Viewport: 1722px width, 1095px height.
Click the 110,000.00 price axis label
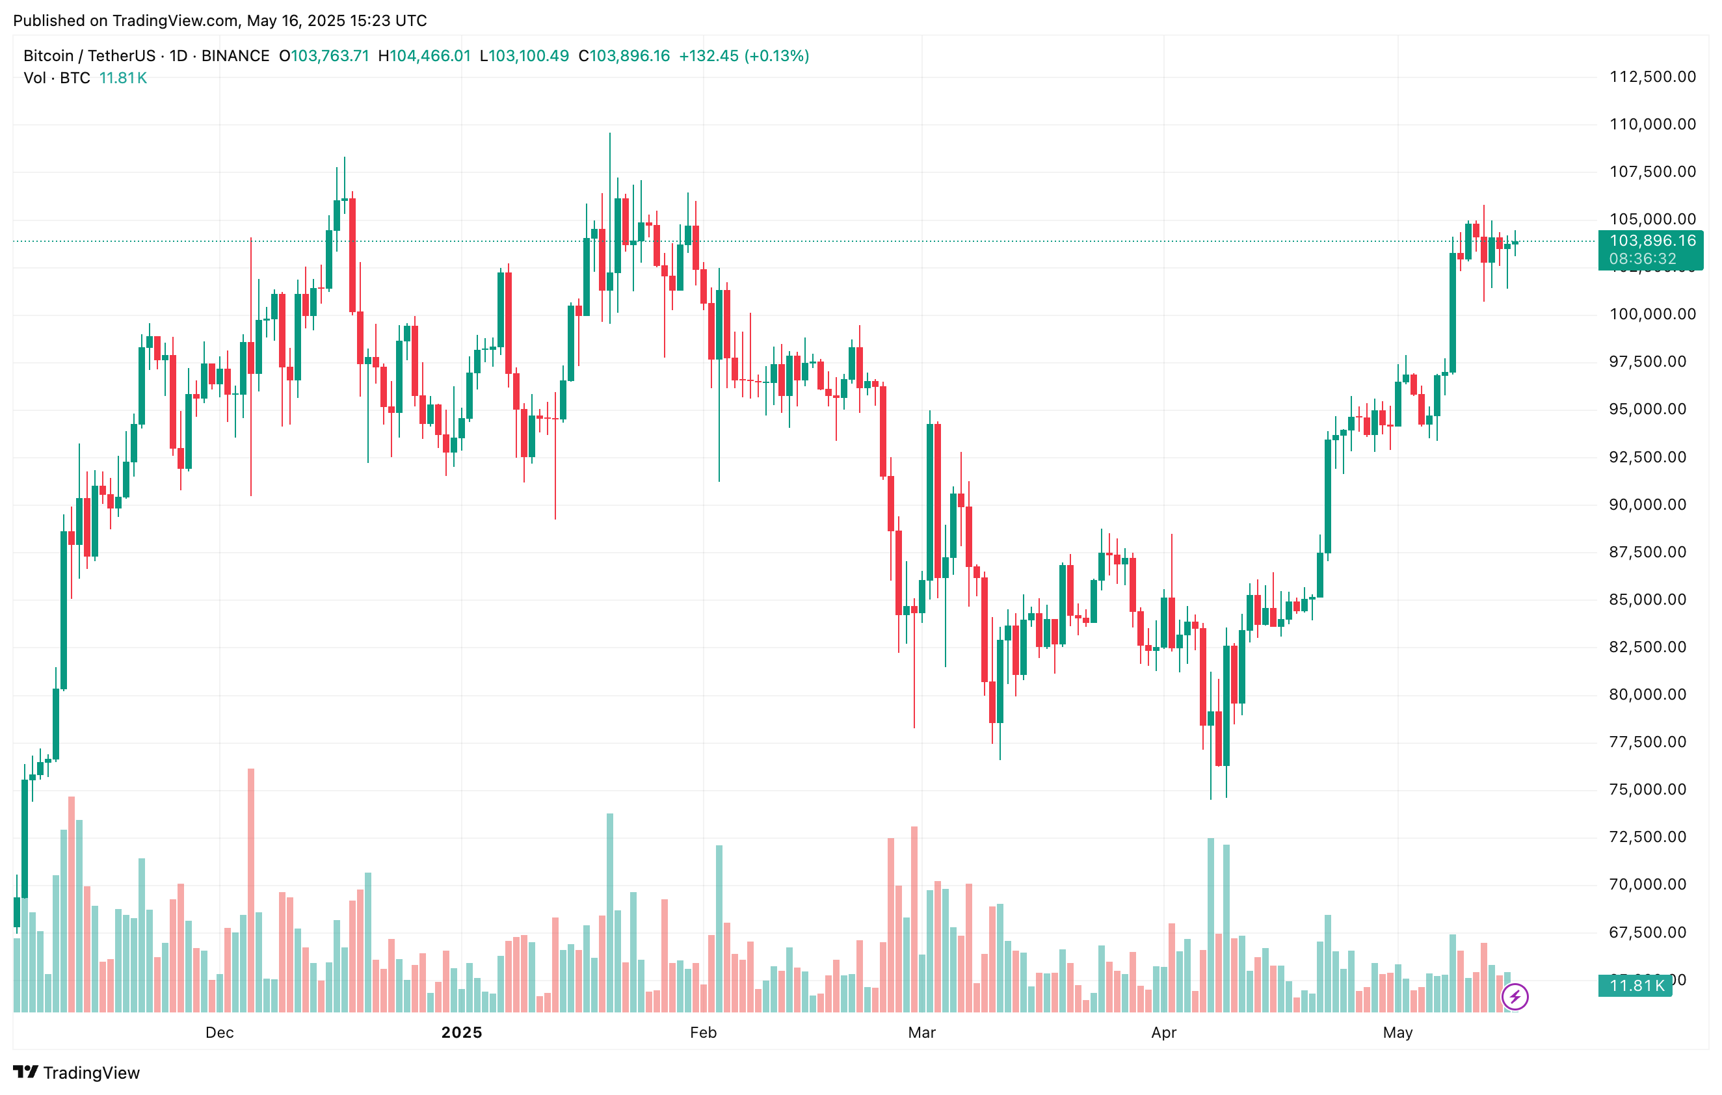pyautogui.click(x=1652, y=124)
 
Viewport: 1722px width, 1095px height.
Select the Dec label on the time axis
pyautogui.click(x=220, y=1032)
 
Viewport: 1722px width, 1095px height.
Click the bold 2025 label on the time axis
pyautogui.click(x=461, y=1032)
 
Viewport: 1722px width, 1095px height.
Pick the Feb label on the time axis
pyautogui.click(x=703, y=1032)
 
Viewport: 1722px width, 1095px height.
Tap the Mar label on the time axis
pyautogui.click(x=921, y=1032)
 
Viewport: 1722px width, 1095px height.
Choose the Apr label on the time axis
pyautogui.click(x=1163, y=1032)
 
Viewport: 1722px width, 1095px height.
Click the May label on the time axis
pyautogui.click(x=1397, y=1032)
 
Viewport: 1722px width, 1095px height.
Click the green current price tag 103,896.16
pyautogui.click(x=1652, y=241)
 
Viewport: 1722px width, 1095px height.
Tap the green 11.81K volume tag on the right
pyautogui.click(x=1636, y=986)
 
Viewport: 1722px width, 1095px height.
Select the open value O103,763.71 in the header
pyautogui.click(x=324, y=56)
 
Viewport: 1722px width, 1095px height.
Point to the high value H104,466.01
pyautogui.click(x=424, y=56)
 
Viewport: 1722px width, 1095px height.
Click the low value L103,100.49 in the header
pyautogui.click(x=524, y=56)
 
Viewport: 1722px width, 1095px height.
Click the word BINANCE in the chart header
pyautogui.click(x=235, y=56)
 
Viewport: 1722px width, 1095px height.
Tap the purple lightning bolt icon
pyautogui.click(x=1515, y=996)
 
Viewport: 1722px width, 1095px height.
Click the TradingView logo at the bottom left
pyautogui.click(x=77, y=1072)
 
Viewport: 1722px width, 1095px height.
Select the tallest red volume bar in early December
pyautogui.click(x=251, y=890)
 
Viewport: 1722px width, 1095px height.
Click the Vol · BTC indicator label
pyautogui.click(x=57, y=78)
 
